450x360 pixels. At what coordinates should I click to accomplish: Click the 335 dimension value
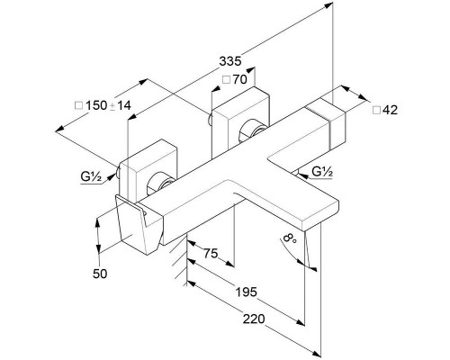[x=230, y=61]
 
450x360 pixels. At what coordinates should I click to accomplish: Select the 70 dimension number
[x=239, y=79]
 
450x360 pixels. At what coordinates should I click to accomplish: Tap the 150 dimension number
[x=96, y=105]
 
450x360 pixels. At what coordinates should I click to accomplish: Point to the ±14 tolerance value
[x=121, y=105]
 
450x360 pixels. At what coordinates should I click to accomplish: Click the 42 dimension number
[x=391, y=110]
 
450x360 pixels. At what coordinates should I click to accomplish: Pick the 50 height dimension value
[x=100, y=274]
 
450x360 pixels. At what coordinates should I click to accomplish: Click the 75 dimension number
[x=211, y=254]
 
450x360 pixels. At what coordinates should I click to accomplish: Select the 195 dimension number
[x=246, y=292]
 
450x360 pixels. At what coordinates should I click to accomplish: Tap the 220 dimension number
[x=254, y=319]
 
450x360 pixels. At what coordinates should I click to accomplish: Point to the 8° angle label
[x=290, y=238]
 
